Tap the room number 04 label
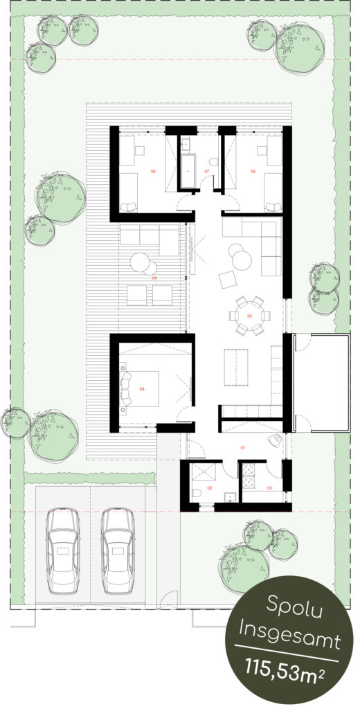[x=142, y=389]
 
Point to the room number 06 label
[x=253, y=170]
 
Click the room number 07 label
[x=206, y=170]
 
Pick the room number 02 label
[x=210, y=489]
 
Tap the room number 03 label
[x=269, y=489]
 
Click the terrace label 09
[x=155, y=278]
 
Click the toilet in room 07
[x=216, y=163]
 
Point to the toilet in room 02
[x=197, y=492]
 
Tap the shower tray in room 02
[x=203, y=472]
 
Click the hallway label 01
[x=243, y=447]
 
